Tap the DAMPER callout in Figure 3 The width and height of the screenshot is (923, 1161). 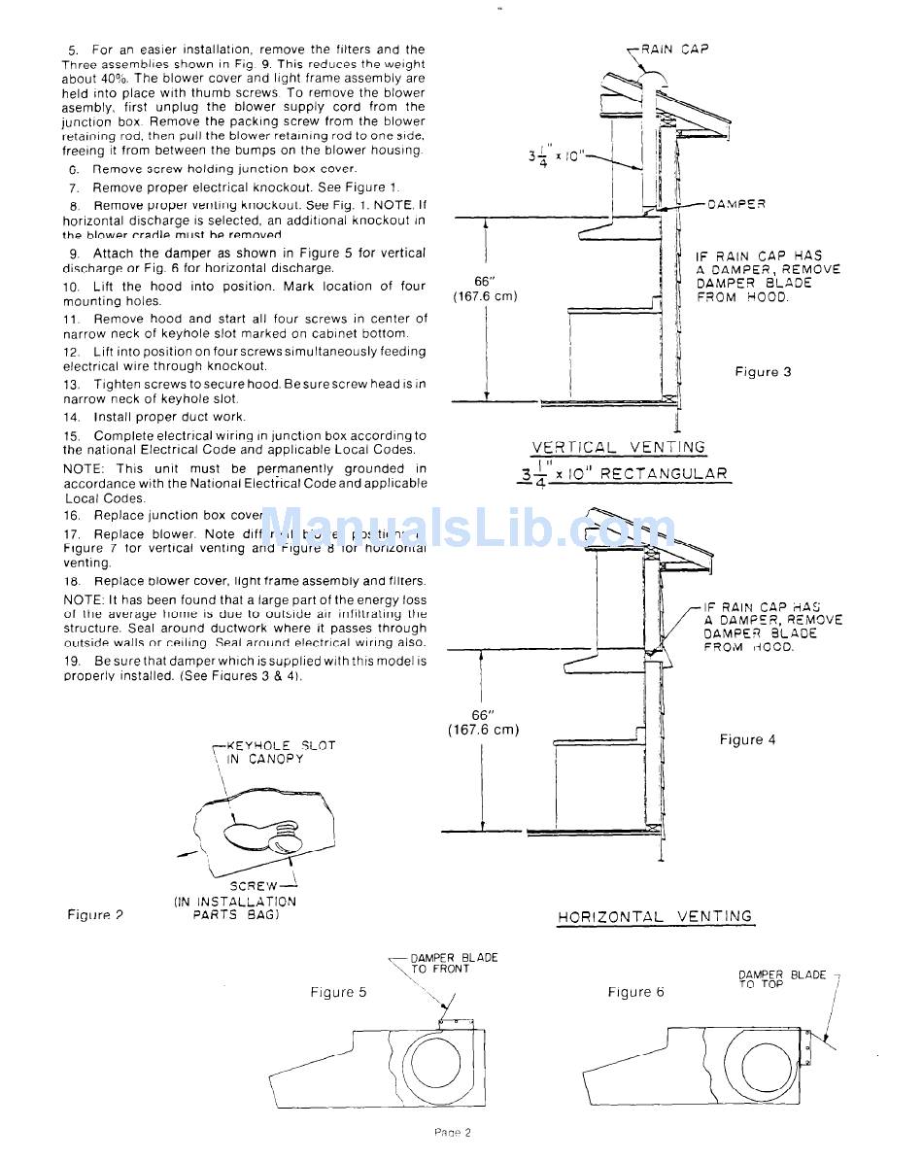point(735,204)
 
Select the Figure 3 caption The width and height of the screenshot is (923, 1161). point(763,372)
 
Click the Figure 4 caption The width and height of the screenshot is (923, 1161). point(747,739)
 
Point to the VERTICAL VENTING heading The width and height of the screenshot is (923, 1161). point(618,448)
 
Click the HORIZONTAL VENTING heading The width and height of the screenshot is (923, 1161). point(655,916)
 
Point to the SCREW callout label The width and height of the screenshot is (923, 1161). point(253,886)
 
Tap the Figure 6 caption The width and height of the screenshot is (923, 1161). point(636,992)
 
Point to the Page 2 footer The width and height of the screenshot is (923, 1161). point(452,1132)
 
